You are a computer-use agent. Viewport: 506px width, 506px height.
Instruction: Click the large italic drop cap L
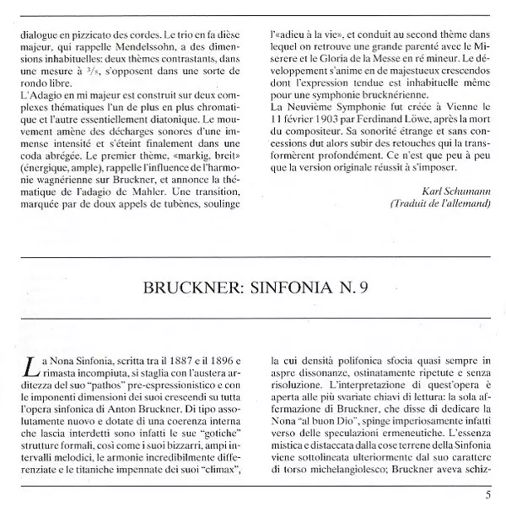31,368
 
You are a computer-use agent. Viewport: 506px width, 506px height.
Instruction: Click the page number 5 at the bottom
488,494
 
